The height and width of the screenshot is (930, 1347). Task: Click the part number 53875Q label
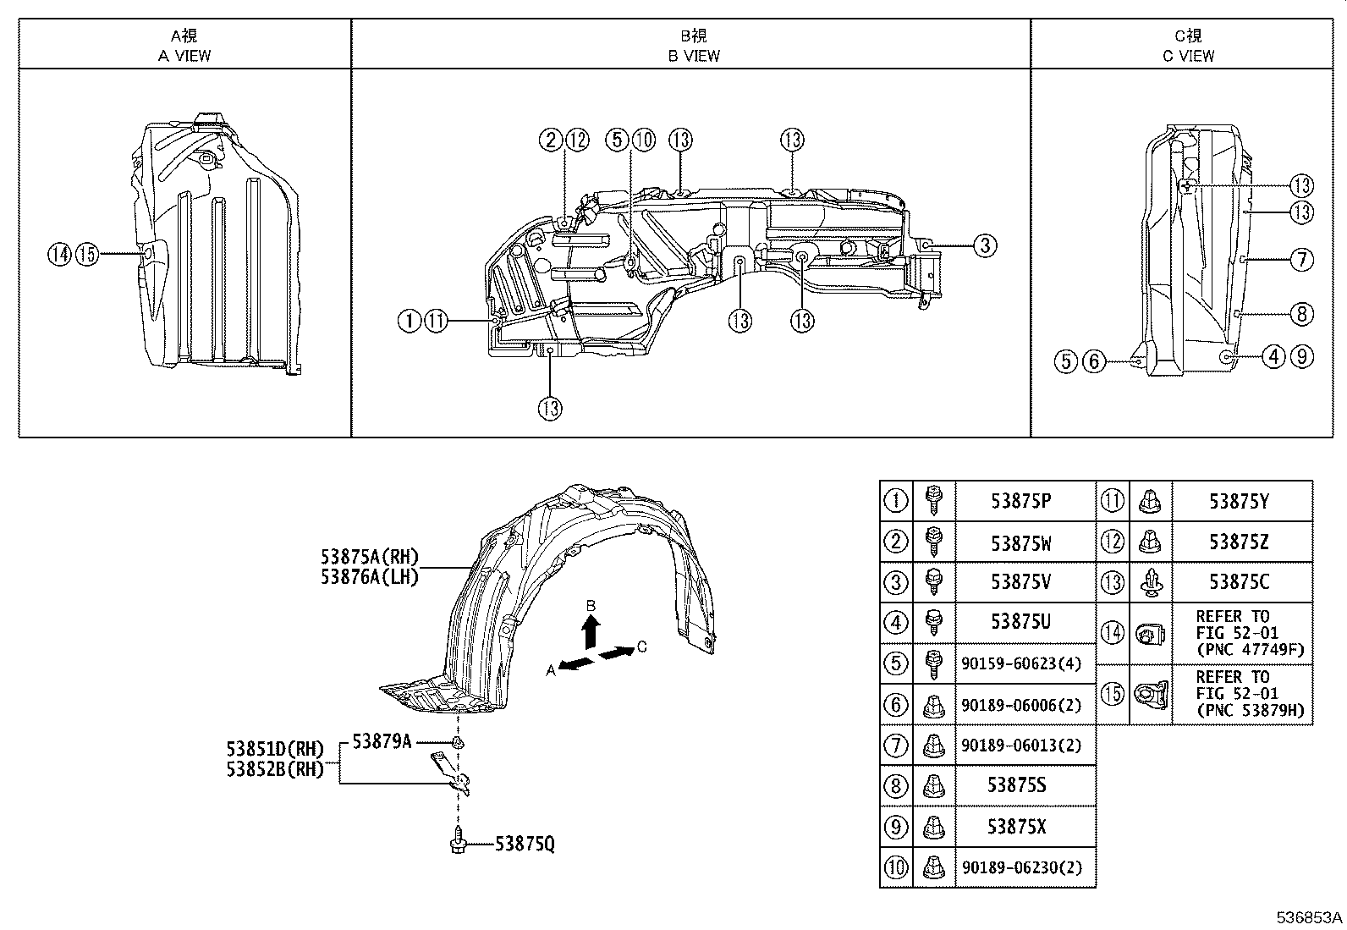525,844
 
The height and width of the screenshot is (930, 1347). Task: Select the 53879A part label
382,741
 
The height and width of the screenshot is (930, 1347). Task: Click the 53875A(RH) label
370,557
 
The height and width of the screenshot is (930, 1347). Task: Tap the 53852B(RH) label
275,769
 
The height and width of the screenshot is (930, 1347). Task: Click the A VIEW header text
184,56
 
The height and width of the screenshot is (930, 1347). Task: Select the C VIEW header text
1188,56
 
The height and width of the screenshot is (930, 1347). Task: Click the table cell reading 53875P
1020,501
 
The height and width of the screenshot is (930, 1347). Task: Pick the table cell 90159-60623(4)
1020,664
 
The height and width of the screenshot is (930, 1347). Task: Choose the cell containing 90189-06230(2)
1020,867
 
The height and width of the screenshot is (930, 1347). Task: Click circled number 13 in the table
1113,582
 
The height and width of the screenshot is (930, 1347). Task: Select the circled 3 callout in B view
984,245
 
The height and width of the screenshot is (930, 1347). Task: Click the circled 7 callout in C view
1302,259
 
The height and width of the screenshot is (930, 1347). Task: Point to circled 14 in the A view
59,253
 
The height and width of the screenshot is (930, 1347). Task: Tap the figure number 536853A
1309,918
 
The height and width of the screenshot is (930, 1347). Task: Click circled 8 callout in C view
1302,314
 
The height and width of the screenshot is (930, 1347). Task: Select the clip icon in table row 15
1151,694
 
